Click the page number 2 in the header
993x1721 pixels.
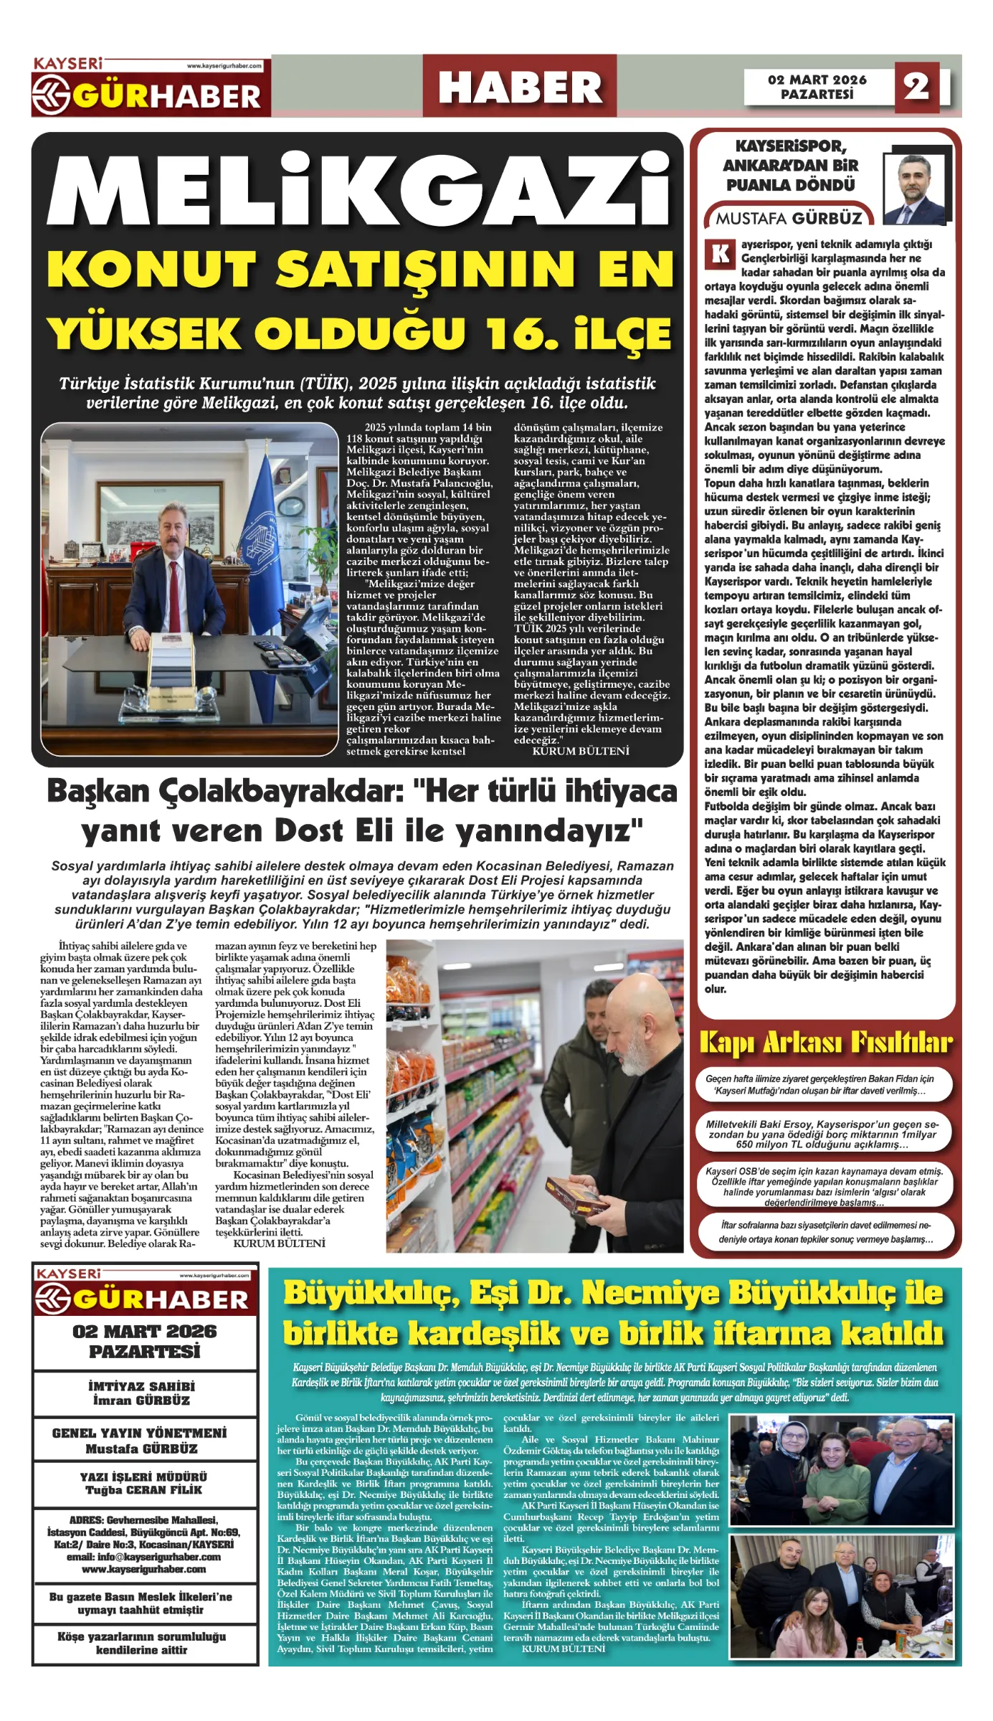click(916, 87)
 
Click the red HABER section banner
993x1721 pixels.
click(520, 87)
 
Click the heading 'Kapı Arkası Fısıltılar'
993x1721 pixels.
click(825, 1043)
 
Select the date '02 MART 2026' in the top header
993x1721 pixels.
click(817, 80)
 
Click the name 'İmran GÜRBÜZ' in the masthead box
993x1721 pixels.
click(141, 1400)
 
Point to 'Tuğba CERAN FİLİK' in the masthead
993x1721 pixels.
click(143, 1489)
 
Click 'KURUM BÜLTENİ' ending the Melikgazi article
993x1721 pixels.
click(580, 751)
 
